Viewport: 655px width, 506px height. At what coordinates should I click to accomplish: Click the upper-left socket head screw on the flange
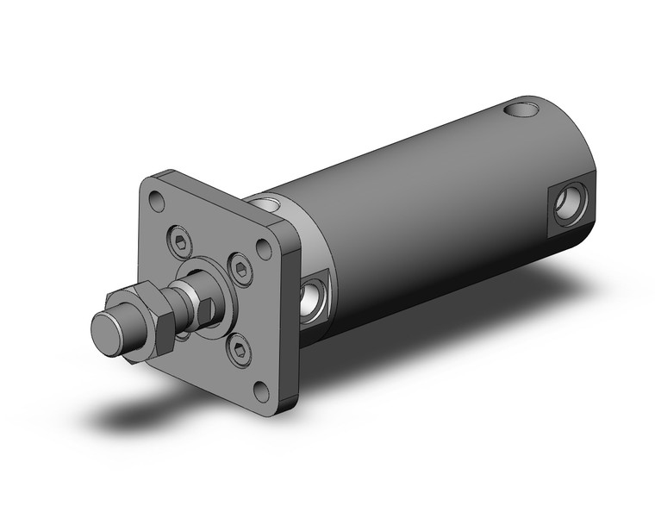(x=181, y=244)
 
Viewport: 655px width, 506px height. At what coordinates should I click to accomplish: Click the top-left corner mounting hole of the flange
(x=156, y=203)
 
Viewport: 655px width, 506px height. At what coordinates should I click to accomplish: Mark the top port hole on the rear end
(x=520, y=109)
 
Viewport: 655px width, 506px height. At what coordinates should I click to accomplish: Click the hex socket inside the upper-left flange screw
(x=181, y=244)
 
